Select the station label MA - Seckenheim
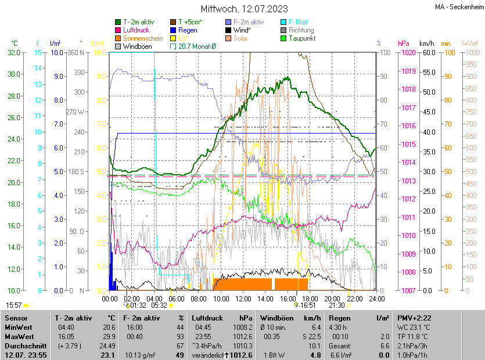(x=458, y=7)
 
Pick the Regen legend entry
(x=188, y=30)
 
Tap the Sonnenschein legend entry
(x=143, y=38)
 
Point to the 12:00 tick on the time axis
(x=243, y=298)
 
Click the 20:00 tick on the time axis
(x=332, y=298)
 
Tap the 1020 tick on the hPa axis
(x=407, y=53)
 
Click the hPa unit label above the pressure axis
(x=403, y=44)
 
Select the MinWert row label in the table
(x=18, y=328)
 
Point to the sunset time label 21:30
(x=336, y=305)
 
